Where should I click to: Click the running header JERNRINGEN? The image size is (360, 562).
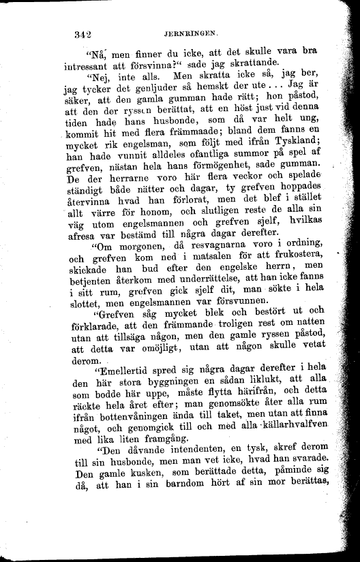click(189, 31)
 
